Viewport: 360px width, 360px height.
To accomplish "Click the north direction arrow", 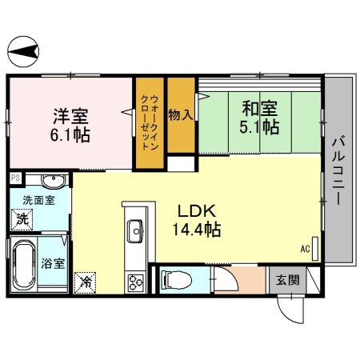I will coord(24,53).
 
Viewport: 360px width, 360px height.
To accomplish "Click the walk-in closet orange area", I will coord(149,123).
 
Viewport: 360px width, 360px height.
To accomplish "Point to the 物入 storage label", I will coord(180,114).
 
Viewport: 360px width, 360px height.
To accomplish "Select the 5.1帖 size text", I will coord(259,126).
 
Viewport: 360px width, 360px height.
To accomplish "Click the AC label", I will coord(305,249).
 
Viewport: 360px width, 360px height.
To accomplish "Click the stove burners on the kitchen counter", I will coord(134,281).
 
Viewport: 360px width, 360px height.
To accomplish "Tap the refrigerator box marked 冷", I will coord(84,282).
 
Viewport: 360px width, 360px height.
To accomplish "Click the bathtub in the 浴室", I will coord(22,265).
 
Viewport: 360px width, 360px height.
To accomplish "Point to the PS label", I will coord(14,178).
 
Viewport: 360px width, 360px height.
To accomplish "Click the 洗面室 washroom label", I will coord(38,200).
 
